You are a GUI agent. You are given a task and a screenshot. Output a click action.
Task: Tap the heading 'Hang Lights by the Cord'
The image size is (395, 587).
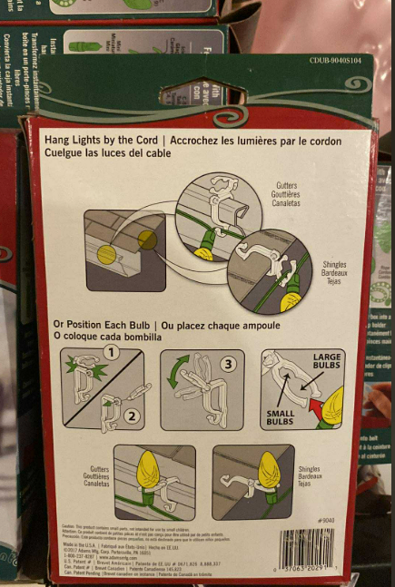[103, 141]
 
